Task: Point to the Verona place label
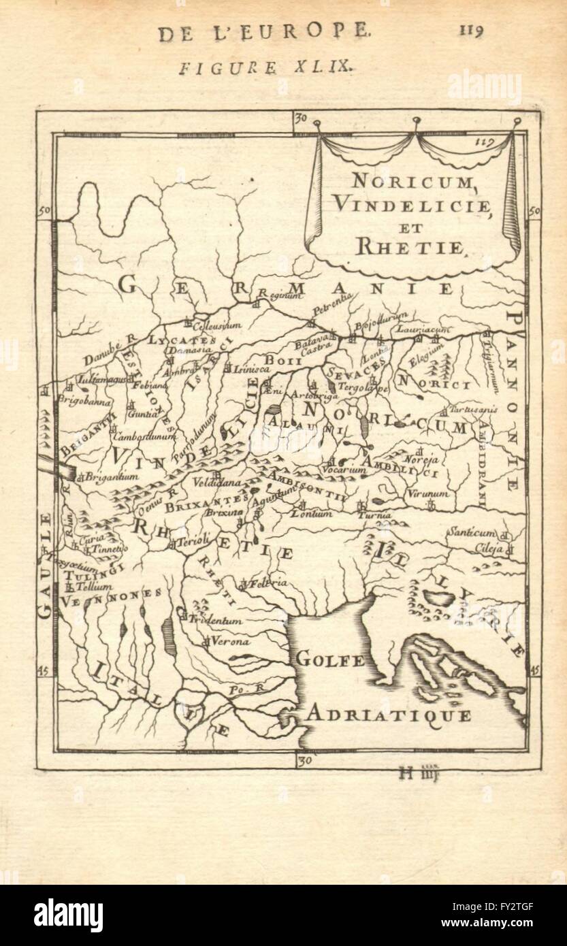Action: (231, 641)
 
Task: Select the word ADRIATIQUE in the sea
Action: (387, 714)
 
